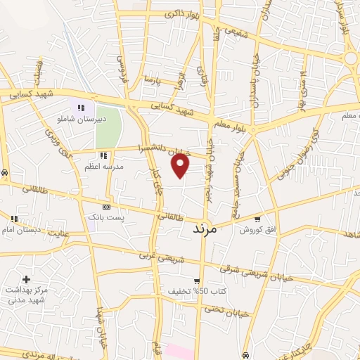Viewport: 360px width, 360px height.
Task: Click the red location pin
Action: click(181, 165)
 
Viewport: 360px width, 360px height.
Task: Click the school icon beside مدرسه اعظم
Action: click(103, 155)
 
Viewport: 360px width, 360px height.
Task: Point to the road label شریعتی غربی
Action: click(162, 258)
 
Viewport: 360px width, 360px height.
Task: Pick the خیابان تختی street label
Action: click(226, 311)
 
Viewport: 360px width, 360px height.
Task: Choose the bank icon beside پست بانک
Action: click(107, 207)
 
